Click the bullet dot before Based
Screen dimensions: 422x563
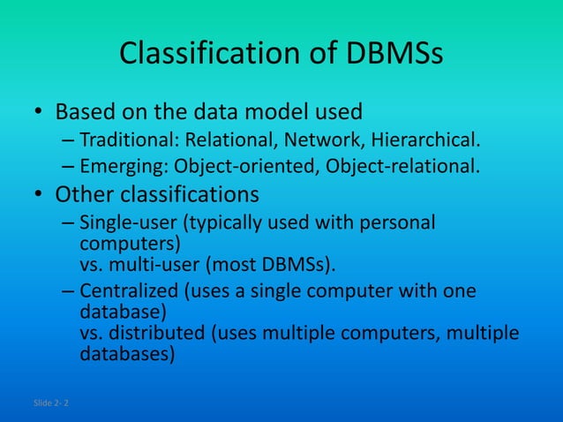(x=38, y=114)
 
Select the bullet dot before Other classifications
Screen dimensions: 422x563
(x=38, y=194)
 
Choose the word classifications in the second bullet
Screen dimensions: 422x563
(x=188, y=194)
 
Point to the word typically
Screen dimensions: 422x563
(x=215, y=222)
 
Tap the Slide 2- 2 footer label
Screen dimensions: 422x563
(x=53, y=403)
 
